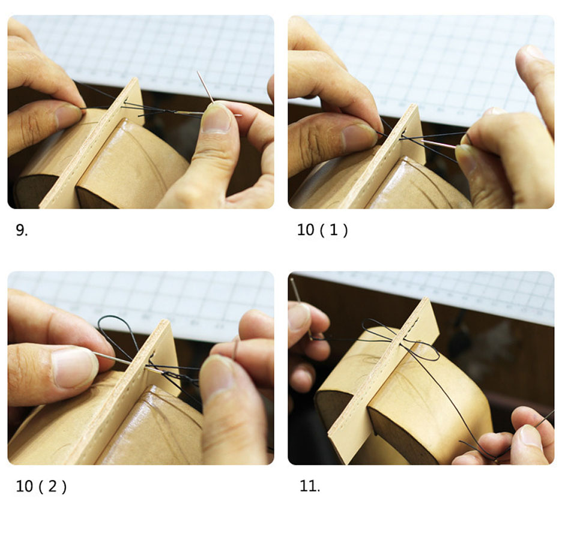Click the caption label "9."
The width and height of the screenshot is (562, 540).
[22, 230]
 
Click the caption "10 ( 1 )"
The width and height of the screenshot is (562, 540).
[322, 230]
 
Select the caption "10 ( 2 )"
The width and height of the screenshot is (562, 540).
[41, 486]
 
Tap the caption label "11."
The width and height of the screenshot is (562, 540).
[310, 486]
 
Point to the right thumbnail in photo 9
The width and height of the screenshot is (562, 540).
[216, 119]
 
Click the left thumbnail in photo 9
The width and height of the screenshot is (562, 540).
[68, 116]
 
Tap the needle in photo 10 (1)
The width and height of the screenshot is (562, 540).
[439, 143]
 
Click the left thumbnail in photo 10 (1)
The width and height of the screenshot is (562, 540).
[359, 138]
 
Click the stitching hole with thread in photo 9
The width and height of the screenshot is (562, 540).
[125, 101]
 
